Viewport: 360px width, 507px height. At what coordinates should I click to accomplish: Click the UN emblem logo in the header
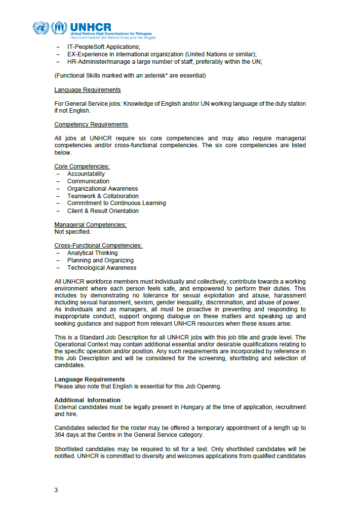click(41, 28)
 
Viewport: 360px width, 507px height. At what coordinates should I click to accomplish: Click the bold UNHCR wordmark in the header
click(91, 27)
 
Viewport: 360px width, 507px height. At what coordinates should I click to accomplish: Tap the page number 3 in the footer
click(56, 490)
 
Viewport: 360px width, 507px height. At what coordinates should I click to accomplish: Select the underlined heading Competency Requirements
click(91, 125)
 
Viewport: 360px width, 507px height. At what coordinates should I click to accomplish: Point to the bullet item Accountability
click(86, 174)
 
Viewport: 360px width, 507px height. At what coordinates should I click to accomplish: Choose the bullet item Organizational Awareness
click(103, 189)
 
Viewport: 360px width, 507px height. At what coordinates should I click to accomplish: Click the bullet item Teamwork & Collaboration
click(103, 196)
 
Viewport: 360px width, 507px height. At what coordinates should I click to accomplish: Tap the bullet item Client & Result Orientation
click(103, 211)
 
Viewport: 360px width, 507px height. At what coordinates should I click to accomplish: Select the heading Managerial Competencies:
click(90, 225)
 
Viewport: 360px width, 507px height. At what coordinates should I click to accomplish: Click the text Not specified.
click(73, 231)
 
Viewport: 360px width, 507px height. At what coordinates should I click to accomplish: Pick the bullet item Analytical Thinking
click(92, 253)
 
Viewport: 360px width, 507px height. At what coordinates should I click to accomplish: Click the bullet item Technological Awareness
click(102, 268)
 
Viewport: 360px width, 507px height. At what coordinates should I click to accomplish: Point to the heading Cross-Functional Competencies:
click(98, 246)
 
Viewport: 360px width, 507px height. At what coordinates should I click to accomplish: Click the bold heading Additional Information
click(87, 400)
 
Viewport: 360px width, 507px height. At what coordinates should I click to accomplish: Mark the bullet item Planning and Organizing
click(100, 260)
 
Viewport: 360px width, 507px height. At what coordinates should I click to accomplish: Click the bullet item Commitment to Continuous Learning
click(117, 203)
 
